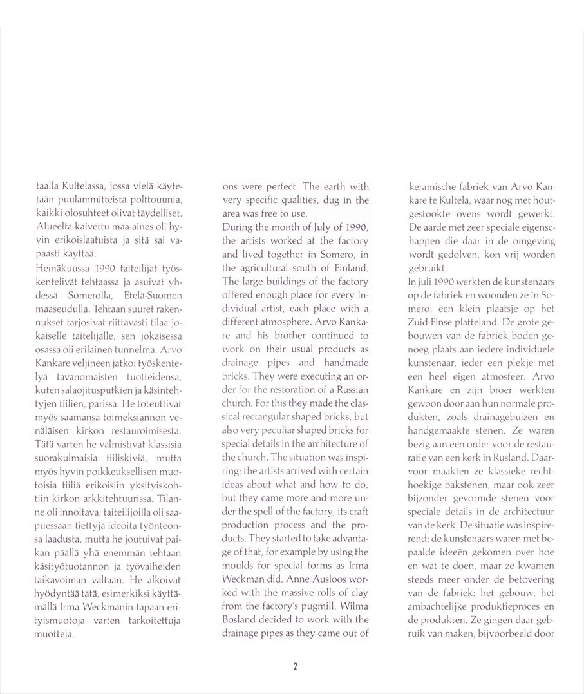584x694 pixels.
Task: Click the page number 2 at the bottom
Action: click(x=295, y=666)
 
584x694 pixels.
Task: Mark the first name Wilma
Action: click(x=354, y=607)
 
